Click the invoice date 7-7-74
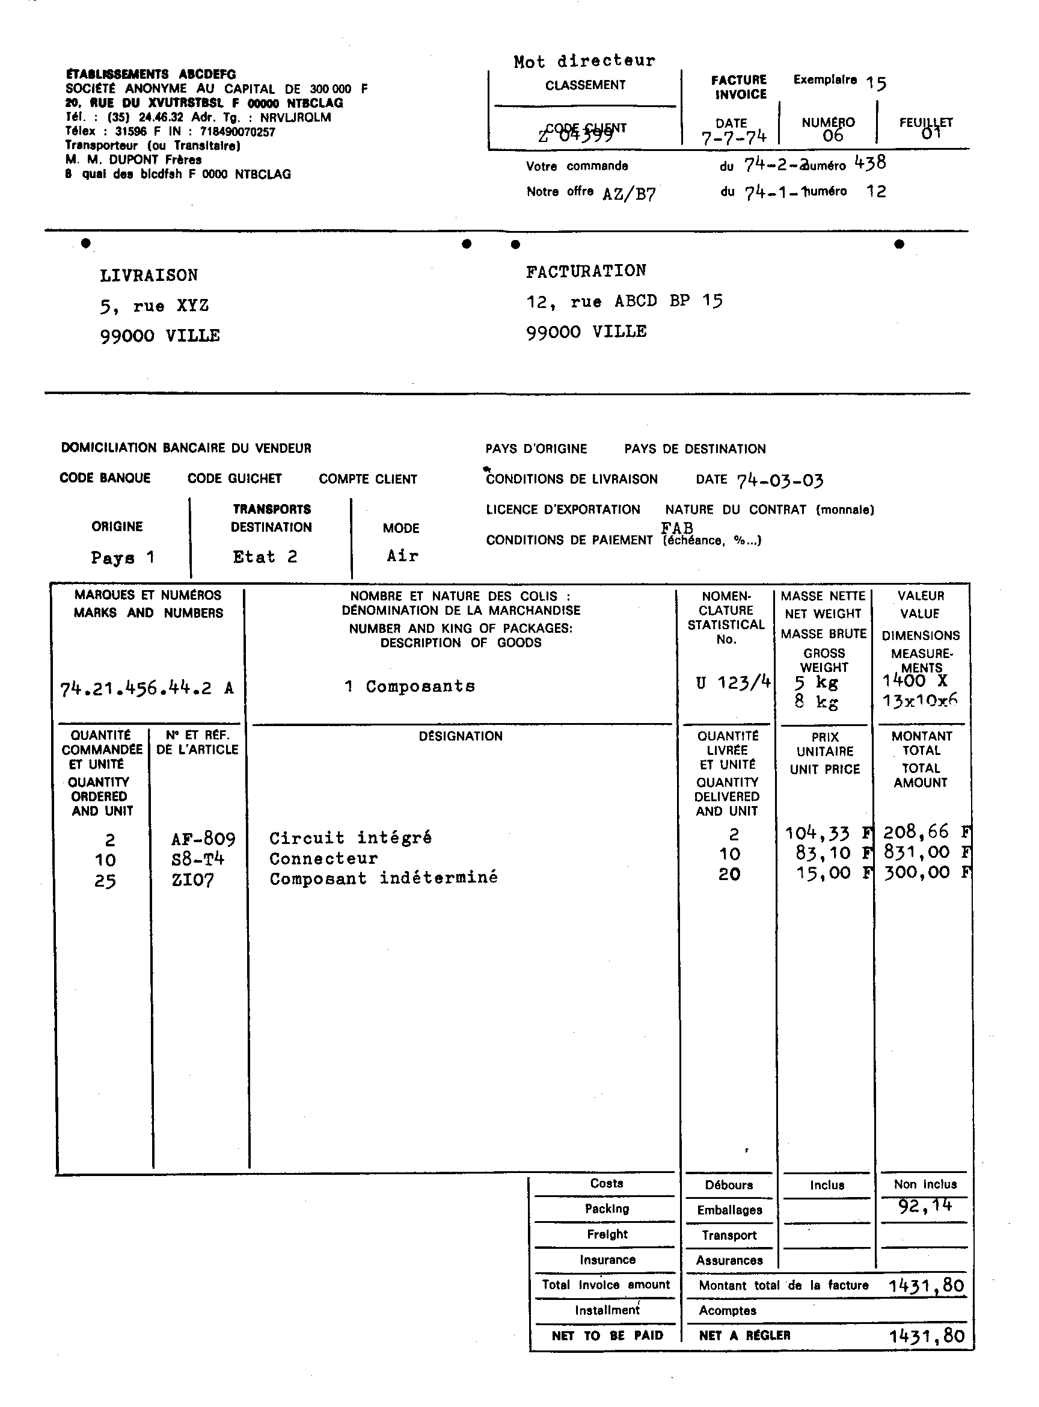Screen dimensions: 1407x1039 734,137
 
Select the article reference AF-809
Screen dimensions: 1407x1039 203,839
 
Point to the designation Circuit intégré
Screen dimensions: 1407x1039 351,838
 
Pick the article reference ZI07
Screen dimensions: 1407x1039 192,879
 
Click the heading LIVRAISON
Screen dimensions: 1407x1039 149,276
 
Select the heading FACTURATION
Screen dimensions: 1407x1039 586,271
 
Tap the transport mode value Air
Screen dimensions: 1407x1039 402,556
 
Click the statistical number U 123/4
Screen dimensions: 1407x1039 733,682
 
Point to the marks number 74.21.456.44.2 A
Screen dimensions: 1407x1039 147,688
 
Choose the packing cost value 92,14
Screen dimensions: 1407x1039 925,1205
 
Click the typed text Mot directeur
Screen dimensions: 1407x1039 584,61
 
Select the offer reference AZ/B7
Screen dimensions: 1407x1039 629,194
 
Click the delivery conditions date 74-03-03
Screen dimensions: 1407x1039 780,481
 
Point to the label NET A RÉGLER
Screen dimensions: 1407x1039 744,1335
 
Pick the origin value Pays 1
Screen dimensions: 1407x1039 123,558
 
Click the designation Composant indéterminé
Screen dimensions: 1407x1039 384,878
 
